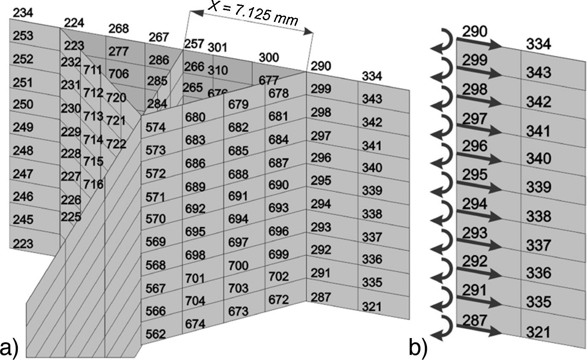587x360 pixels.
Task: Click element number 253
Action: (x=23, y=36)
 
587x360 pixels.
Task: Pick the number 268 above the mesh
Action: (x=118, y=29)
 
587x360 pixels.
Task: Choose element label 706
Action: (x=118, y=74)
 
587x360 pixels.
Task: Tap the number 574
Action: (x=155, y=127)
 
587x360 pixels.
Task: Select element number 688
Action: (x=239, y=173)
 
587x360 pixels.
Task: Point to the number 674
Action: (x=195, y=324)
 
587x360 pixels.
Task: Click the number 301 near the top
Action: (x=217, y=48)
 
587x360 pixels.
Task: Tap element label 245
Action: (x=23, y=219)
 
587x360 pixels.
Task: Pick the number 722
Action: (x=116, y=144)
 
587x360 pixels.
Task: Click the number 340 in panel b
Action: (x=539, y=159)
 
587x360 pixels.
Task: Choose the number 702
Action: (x=279, y=277)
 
